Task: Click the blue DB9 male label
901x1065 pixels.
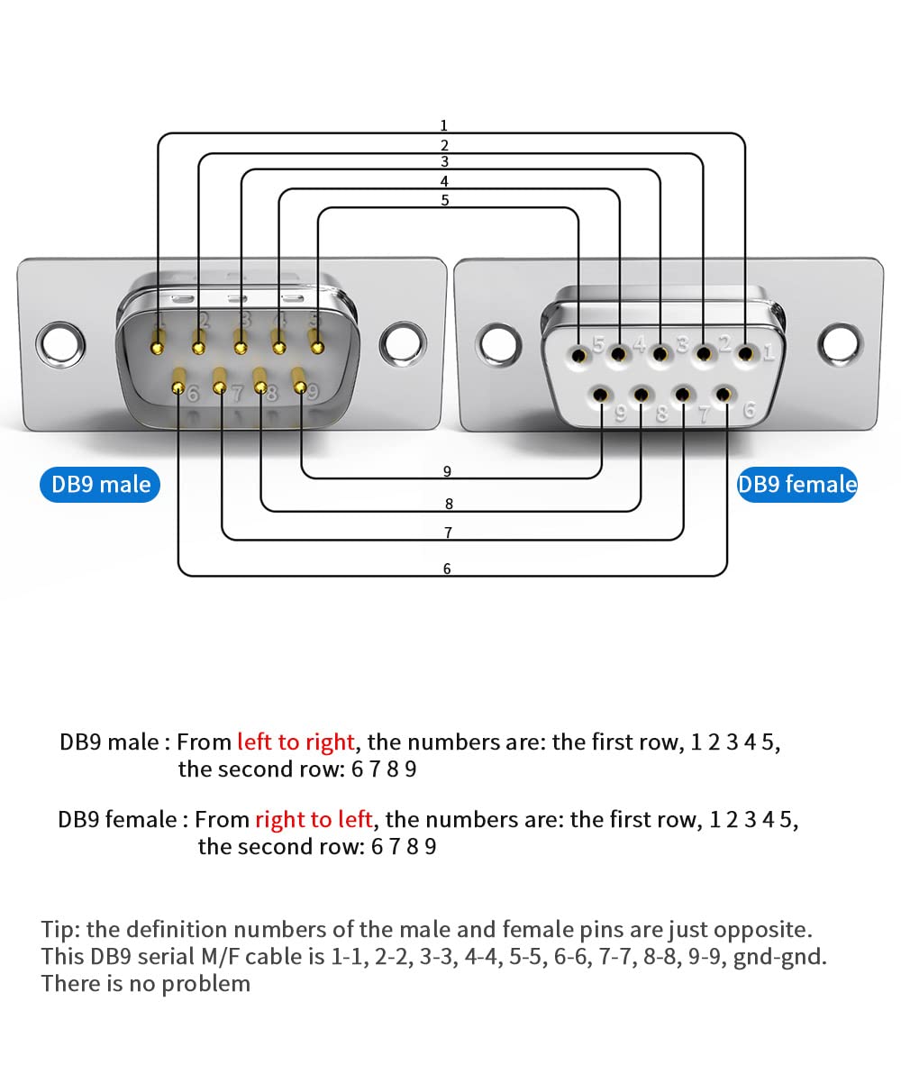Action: pos(100,485)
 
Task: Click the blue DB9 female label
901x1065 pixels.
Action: pos(796,485)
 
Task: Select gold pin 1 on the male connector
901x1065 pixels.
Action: pos(159,341)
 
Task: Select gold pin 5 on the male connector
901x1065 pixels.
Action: pos(317,342)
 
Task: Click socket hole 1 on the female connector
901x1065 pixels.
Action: pos(745,353)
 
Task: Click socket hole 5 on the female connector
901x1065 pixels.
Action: pos(578,353)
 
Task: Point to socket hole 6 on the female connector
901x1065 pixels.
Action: pos(723,394)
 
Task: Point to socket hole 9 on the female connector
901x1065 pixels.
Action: pos(601,394)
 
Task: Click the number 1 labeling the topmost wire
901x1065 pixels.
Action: pos(443,126)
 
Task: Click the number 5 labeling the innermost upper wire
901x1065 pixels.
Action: pos(445,200)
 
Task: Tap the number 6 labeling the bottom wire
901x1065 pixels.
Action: pos(447,569)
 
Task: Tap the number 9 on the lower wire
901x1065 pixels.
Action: pos(447,471)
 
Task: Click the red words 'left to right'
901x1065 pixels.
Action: pos(296,742)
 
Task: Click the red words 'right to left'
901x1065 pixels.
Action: pos(314,819)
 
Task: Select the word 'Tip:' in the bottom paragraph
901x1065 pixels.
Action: pos(59,930)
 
